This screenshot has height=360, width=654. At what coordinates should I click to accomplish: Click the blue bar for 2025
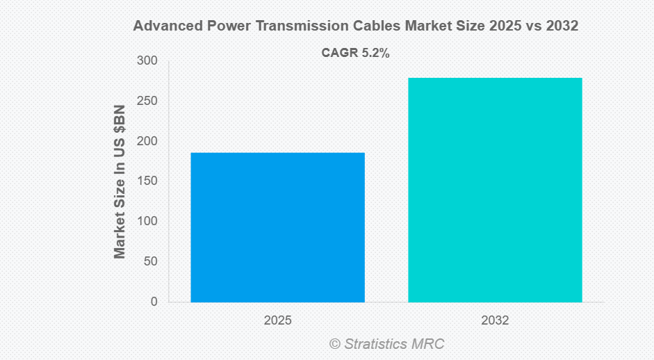pos(277,227)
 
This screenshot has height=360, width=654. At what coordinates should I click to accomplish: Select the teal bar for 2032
pos(495,190)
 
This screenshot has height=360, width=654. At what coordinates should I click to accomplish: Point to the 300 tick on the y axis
pos(147,61)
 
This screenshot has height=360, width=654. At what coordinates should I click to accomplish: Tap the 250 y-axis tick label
pos(147,101)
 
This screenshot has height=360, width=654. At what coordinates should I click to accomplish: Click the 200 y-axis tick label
pos(147,141)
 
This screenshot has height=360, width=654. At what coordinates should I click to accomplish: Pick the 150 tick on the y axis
pos(147,181)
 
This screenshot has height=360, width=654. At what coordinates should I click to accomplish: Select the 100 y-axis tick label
pos(147,221)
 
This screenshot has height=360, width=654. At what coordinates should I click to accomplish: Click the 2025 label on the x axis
pos(277,321)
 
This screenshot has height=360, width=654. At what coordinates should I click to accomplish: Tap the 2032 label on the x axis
pos(495,321)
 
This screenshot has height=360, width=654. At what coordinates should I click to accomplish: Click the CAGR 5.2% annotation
pos(355,52)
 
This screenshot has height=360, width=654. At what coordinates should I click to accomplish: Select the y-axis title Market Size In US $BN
pos(120,181)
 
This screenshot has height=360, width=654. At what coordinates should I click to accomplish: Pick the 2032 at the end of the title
pos(562,26)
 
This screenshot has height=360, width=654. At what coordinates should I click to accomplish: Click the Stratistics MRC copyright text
pos(386,343)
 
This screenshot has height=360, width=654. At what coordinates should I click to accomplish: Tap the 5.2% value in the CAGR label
pos(375,52)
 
